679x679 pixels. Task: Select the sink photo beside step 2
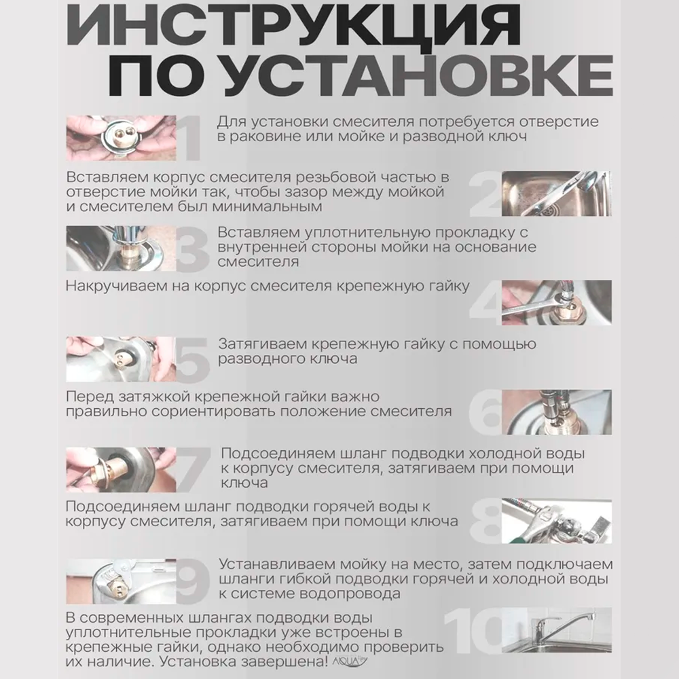556,193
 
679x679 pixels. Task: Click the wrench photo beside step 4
556,302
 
